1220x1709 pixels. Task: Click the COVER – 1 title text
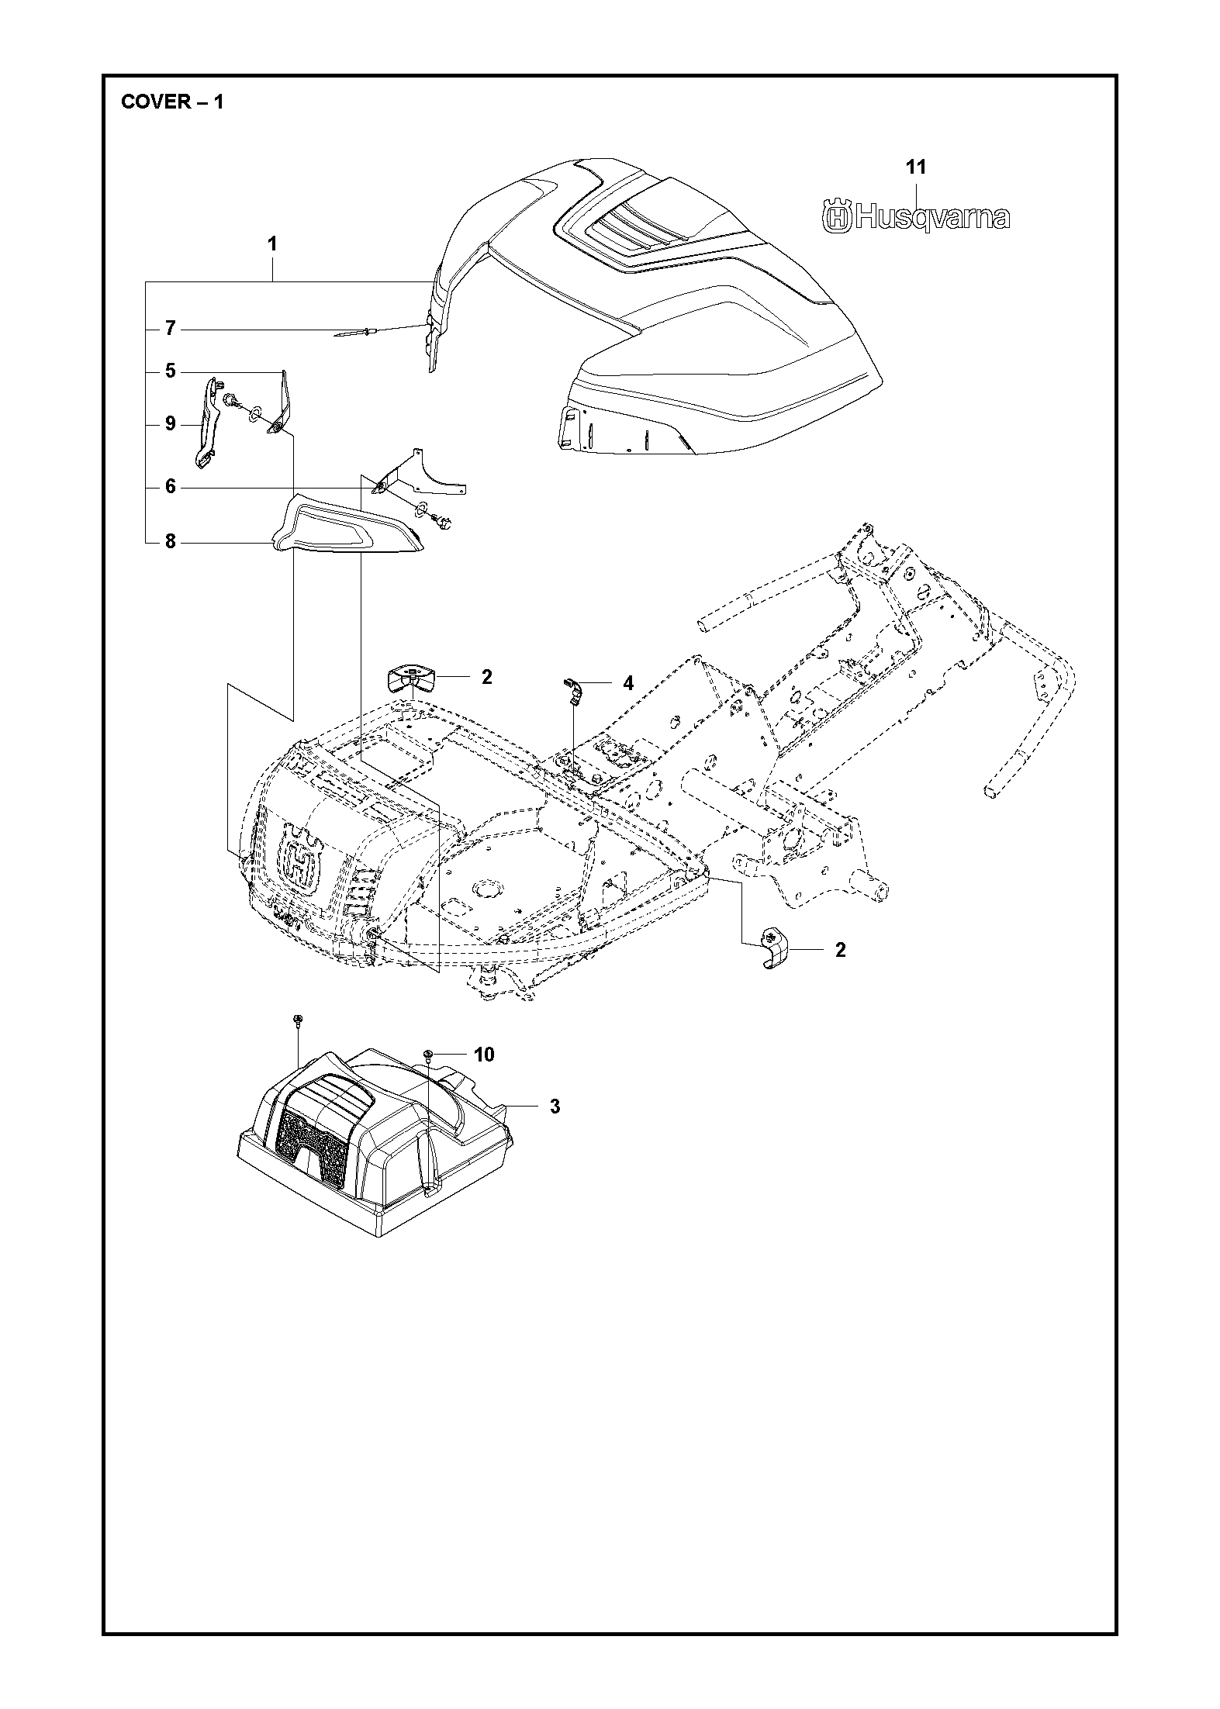[172, 102]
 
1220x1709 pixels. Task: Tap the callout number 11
[916, 167]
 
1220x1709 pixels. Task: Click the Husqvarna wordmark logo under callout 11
[915, 217]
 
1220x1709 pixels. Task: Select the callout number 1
[272, 243]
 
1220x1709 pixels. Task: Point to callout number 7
[171, 330]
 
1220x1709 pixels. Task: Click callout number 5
[171, 371]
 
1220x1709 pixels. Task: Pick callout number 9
[171, 424]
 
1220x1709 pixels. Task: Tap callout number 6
[171, 487]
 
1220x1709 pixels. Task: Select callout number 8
[171, 542]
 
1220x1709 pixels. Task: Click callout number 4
[627, 683]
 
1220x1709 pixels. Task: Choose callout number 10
[483, 1055]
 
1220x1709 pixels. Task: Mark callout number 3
[555, 1107]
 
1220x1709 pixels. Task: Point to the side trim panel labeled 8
[345, 527]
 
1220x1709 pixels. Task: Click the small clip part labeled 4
[571, 689]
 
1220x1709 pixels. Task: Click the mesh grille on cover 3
[314, 1138]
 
